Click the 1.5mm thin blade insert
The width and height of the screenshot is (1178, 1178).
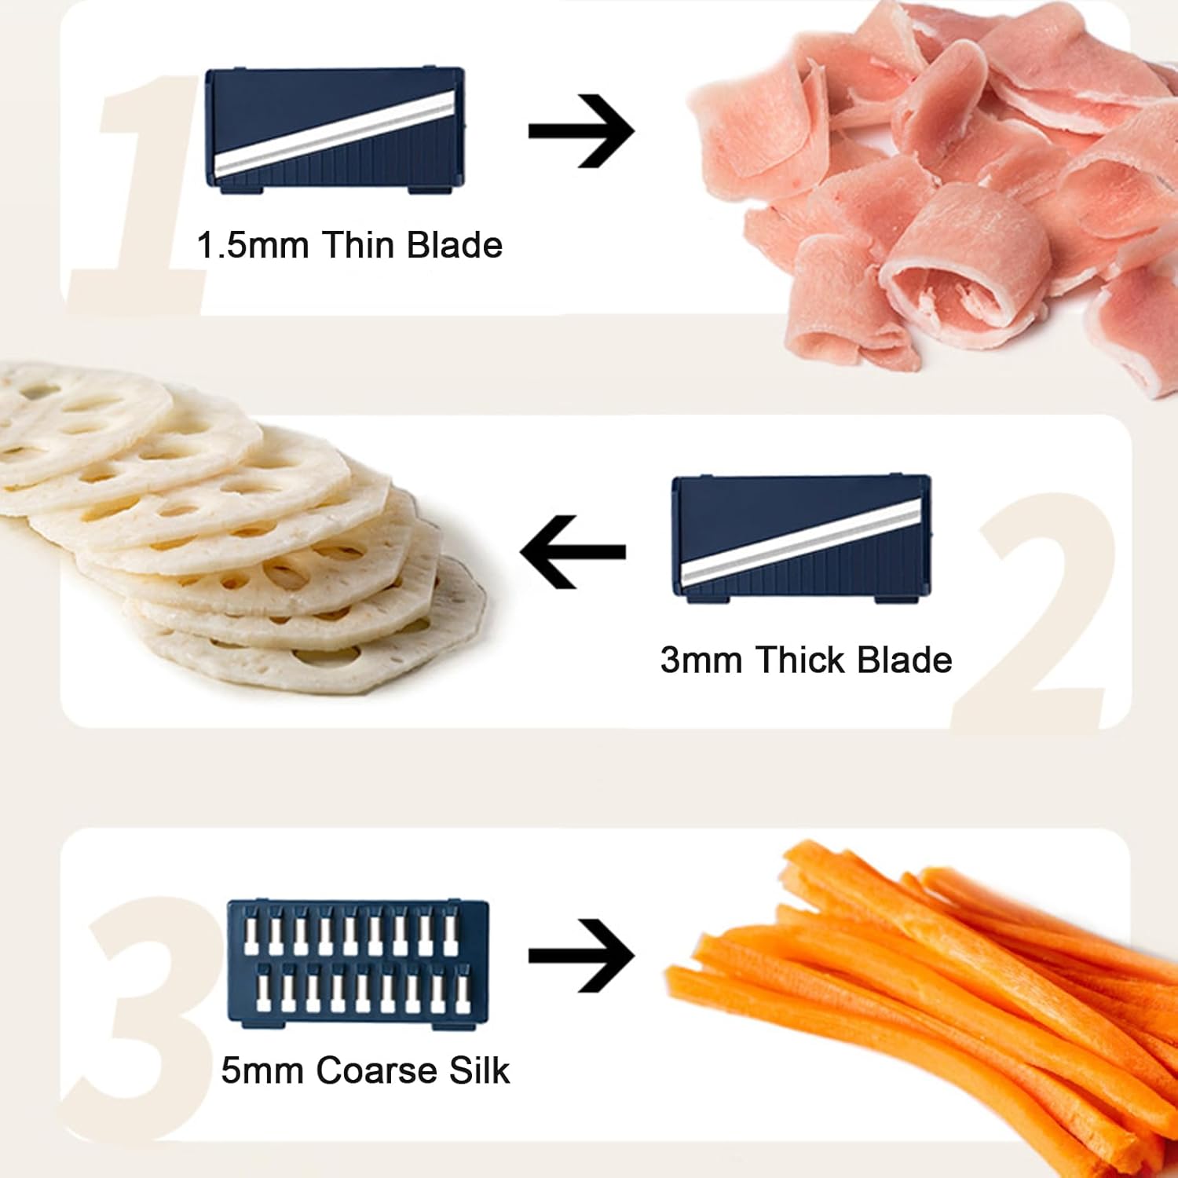point(335,130)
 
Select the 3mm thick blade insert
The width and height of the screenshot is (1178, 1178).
point(802,539)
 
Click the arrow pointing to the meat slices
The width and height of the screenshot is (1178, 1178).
point(581,130)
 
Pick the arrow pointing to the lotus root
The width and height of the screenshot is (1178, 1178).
point(573,551)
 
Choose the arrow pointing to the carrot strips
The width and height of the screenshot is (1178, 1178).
point(581,956)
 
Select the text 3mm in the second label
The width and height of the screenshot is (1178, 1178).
point(701,660)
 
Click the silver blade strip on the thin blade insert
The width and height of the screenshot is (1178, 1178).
point(335,132)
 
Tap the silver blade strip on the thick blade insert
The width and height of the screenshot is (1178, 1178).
point(801,541)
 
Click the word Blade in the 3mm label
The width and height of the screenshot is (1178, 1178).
point(905,659)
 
